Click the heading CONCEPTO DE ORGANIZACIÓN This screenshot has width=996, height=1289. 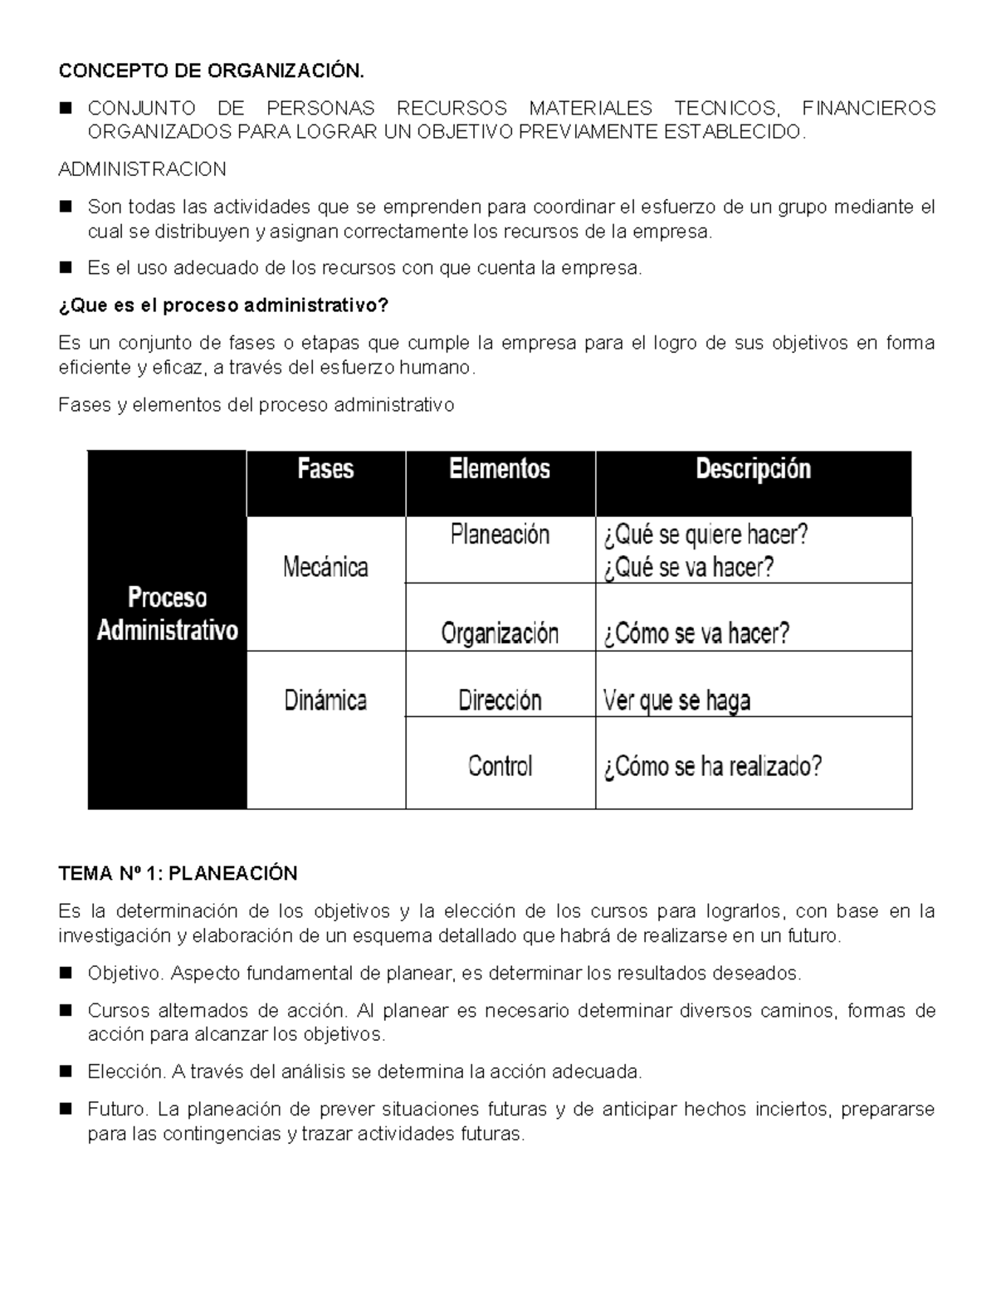[x=211, y=71]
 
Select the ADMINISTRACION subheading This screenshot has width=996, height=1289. [x=142, y=169]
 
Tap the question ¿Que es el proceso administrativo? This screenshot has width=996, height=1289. [x=223, y=305]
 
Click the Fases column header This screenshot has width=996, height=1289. [x=325, y=470]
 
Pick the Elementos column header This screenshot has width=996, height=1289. [x=500, y=470]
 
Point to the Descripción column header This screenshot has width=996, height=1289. [x=753, y=470]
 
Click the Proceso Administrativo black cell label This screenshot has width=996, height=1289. [x=167, y=614]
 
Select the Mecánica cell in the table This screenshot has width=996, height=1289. [x=325, y=568]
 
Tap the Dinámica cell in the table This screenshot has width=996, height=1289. [x=325, y=701]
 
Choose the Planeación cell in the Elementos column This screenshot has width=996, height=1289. [x=500, y=535]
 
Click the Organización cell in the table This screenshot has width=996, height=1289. [x=500, y=634]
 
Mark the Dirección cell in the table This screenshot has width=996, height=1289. [x=500, y=701]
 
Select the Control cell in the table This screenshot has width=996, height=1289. [x=500, y=766]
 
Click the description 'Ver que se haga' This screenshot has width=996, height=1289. [x=676, y=701]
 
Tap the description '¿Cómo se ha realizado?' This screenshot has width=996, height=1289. [x=712, y=766]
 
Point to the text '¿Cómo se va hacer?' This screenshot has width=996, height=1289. [x=696, y=634]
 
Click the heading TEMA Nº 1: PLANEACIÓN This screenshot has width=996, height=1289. [x=178, y=873]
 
